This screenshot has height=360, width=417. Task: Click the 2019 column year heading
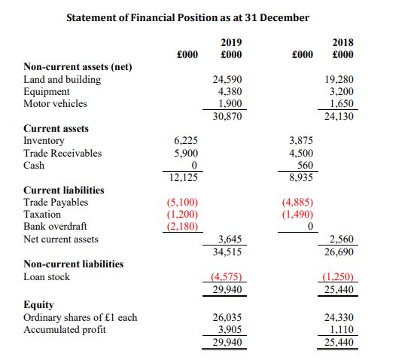[231, 43]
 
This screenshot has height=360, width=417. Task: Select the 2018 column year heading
[342, 43]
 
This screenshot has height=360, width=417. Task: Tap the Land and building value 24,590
[227, 80]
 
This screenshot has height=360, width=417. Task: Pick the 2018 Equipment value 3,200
[342, 92]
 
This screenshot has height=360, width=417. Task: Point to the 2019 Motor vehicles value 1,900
[230, 103]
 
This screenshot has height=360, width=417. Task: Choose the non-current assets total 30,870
[227, 116]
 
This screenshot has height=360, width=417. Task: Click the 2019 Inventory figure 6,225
[186, 141]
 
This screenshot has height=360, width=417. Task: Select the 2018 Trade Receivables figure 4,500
[301, 153]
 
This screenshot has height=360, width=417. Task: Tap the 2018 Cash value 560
[305, 165]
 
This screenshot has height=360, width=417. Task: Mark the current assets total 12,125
[184, 177]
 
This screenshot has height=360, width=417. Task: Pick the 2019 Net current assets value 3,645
[230, 239]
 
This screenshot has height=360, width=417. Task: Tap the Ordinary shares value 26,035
[227, 317]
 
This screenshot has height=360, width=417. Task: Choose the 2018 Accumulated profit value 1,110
[342, 330]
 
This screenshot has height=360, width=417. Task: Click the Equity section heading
[39, 305]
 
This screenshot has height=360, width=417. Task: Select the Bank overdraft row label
[55, 227]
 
